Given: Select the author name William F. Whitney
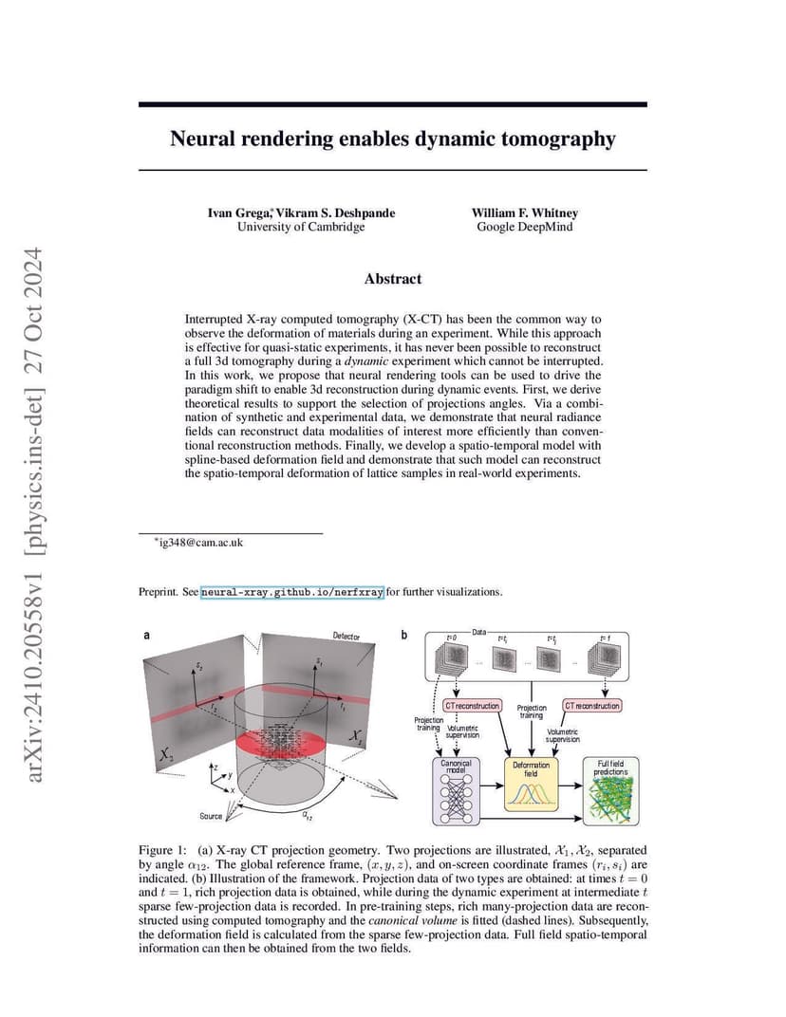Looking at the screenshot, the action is (x=524, y=213).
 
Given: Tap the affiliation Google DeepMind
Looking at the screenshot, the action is (x=524, y=227).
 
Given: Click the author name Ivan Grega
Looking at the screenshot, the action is (x=238, y=213).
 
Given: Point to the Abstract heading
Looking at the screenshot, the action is (x=393, y=279).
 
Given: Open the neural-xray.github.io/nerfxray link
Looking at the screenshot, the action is (x=292, y=592).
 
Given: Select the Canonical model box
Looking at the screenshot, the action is (x=457, y=791).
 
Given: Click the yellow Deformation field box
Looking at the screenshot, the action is (x=531, y=785).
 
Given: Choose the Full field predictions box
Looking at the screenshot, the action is (x=610, y=791).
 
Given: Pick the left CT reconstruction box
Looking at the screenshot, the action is (x=473, y=706).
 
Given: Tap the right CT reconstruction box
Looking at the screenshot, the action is (x=592, y=706).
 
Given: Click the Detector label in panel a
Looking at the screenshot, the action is (x=346, y=637).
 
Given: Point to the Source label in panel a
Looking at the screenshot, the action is (x=211, y=816).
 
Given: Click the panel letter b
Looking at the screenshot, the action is (x=404, y=635).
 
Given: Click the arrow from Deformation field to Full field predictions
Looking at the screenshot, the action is (x=570, y=786).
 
